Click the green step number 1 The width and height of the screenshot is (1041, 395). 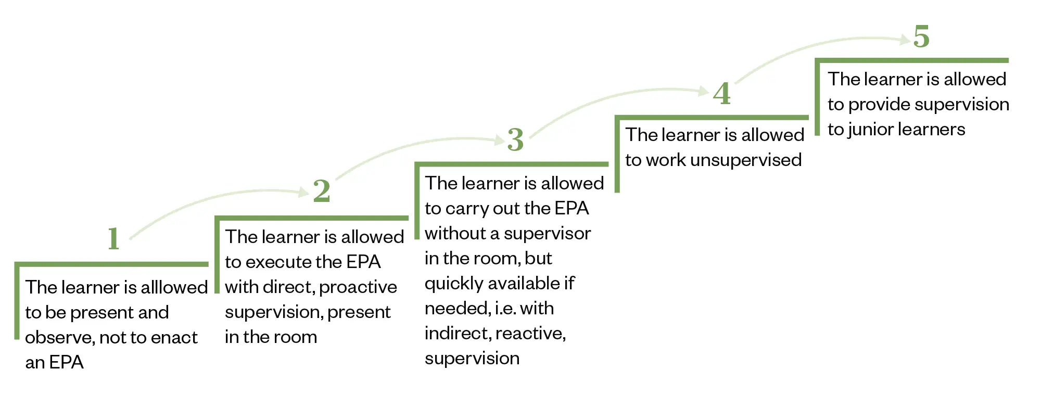[114, 238]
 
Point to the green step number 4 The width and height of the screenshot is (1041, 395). [722, 94]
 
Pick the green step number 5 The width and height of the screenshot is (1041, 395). [921, 36]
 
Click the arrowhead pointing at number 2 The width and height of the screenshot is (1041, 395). [304, 193]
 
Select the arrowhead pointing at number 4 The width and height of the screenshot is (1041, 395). [704, 92]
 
